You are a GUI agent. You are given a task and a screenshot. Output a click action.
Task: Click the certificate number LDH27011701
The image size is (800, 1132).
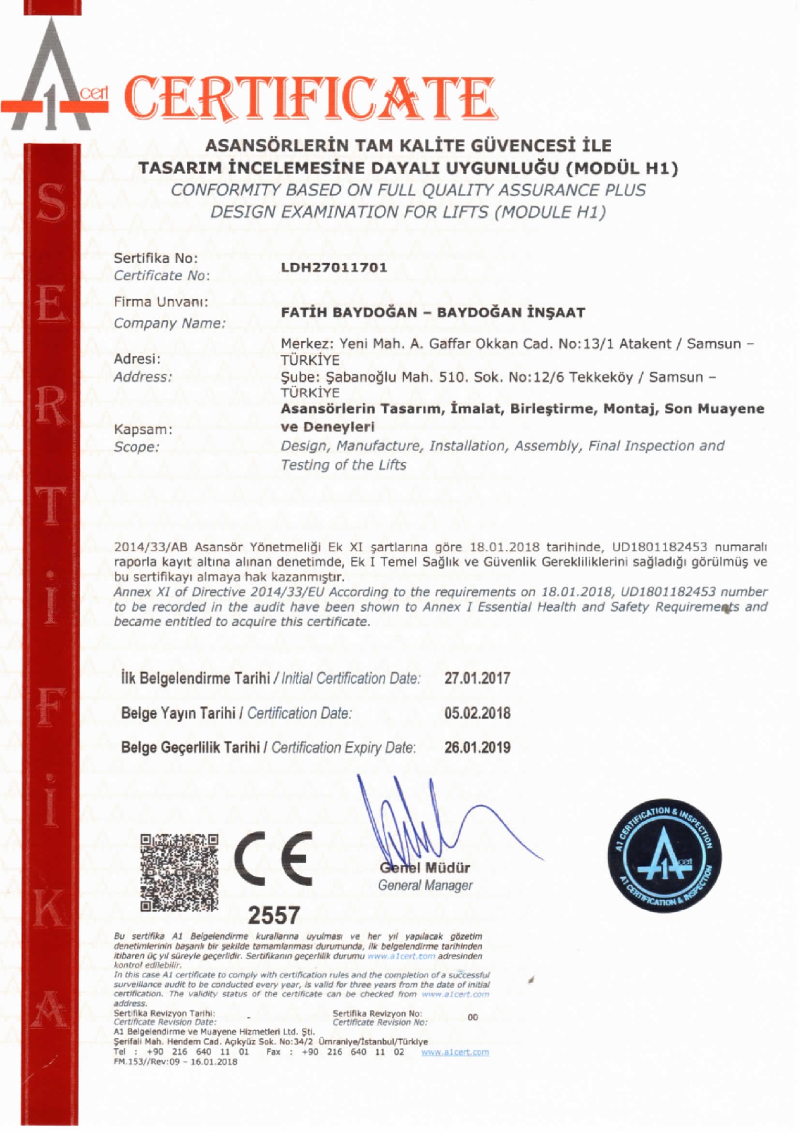334,268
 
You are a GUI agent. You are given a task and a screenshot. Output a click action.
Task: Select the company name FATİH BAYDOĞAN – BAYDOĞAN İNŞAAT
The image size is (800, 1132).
433,313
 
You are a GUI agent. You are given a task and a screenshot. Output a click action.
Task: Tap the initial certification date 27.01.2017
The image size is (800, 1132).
477,678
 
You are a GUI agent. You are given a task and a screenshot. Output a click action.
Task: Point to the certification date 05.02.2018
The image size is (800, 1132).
477,713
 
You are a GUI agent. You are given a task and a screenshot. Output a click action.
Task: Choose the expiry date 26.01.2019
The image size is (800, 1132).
477,747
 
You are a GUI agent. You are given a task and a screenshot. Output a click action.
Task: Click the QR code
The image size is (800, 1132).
179,872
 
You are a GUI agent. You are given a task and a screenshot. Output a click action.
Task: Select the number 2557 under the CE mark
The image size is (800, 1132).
274,916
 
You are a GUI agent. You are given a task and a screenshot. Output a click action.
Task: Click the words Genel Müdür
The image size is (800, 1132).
425,868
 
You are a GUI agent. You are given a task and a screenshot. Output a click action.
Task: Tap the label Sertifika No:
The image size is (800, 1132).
156,258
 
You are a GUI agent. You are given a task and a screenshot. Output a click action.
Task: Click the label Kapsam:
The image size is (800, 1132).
143,430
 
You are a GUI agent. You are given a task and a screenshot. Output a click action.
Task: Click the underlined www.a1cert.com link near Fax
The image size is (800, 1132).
455,1052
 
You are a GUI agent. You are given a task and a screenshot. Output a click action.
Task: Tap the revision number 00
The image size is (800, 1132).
473,1017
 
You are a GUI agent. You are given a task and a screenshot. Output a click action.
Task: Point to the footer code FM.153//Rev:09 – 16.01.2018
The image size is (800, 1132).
175,1062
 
